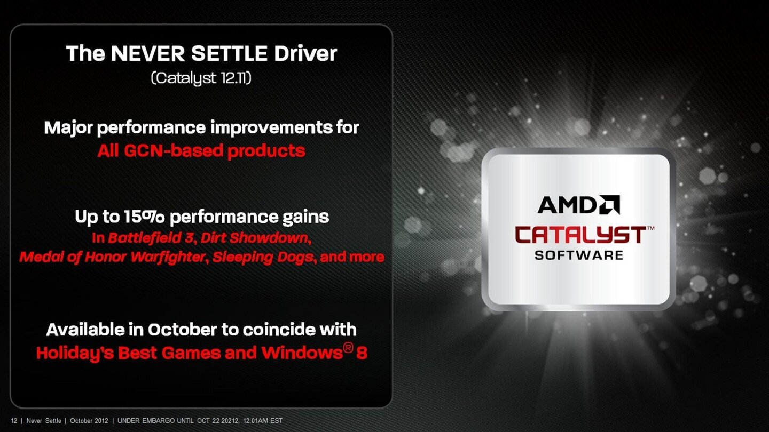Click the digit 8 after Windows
362,353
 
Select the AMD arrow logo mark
609,205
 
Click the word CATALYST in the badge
580,235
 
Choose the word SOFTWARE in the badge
579,255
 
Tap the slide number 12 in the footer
14,421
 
